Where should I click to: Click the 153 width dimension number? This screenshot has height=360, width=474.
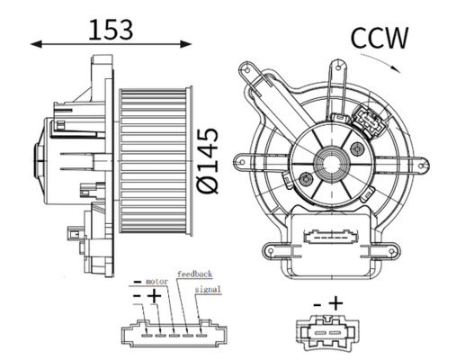click(111, 30)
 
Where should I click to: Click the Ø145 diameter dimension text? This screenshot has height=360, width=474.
click(208, 160)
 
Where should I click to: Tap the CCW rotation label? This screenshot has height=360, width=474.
click(380, 38)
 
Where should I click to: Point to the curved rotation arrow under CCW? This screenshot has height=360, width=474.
click(380, 62)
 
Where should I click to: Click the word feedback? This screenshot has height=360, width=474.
click(195, 274)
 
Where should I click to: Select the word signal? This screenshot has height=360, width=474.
click(208, 290)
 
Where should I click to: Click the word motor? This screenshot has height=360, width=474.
click(157, 282)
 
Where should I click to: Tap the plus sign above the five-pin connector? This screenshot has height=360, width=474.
click(154, 296)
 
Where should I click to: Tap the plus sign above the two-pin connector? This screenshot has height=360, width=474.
click(335, 302)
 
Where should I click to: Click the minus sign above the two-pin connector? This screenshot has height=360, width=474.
click(317, 304)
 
